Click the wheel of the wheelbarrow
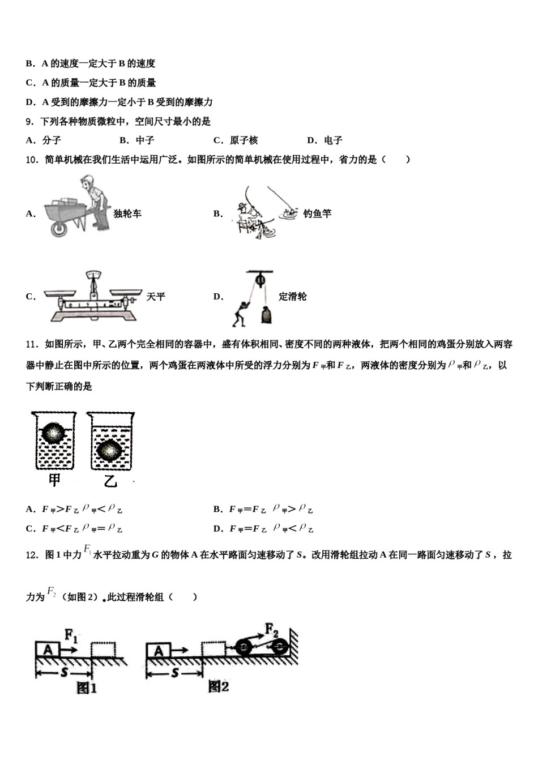coord(58,229)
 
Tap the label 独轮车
coord(127,213)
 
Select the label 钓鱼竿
coord(317,213)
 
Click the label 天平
coord(156,297)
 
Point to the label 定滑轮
coord(293,297)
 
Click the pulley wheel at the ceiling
coord(260,280)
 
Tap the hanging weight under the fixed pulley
coord(266,314)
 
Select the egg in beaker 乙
coord(107,450)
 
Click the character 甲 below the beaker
coord(54,481)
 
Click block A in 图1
coord(48,649)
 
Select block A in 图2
coord(159,651)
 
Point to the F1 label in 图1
coord(71,635)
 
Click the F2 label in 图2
coord(272,629)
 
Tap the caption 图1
coord(86,688)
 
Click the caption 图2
coord(219,687)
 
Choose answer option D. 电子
coord(324,140)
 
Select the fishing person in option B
coord(247,217)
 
